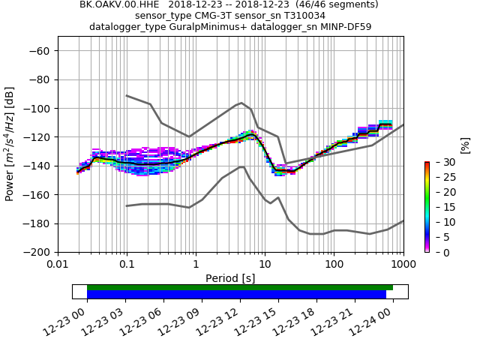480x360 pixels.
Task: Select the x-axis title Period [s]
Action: point(230,278)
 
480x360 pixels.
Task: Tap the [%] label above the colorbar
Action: point(465,145)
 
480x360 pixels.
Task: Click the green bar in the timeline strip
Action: point(240,287)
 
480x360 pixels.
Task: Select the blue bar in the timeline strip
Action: point(236,295)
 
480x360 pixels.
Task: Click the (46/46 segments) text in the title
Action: point(331,4)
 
